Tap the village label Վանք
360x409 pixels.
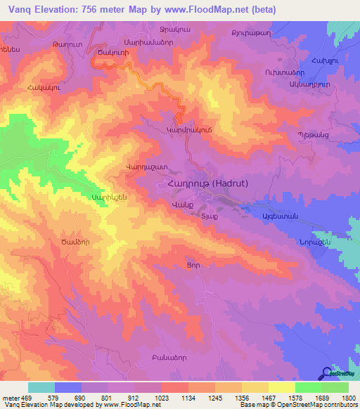coord(182,204)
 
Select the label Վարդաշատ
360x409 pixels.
coord(126,167)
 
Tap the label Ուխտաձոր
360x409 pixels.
coord(285,72)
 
